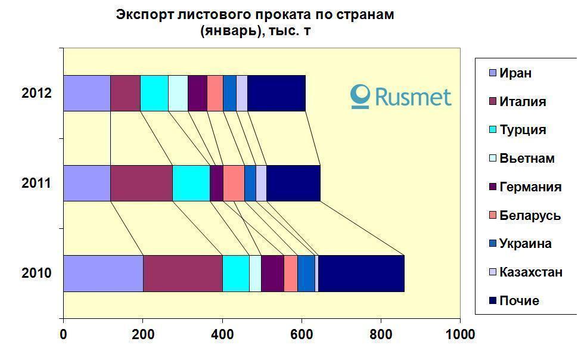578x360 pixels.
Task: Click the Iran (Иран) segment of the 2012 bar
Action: click(x=86, y=93)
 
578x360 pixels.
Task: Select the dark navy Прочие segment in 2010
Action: click(x=361, y=273)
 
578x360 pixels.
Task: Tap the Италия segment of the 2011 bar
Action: click(x=141, y=183)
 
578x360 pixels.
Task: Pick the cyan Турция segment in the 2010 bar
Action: click(x=235, y=273)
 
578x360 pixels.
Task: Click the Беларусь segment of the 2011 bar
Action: click(x=234, y=183)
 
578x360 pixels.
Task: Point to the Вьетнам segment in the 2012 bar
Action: click(x=178, y=93)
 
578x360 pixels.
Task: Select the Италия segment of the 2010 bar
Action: click(x=182, y=273)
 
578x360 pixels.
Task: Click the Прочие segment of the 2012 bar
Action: click(x=276, y=93)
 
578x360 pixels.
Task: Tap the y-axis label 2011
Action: click(x=36, y=183)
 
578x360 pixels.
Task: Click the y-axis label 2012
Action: click(x=36, y=93)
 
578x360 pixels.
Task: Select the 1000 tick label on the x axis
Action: click(x=460, y=334)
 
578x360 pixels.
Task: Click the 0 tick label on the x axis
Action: click(x=63, y=334)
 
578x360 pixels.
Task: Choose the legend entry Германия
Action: click(x=530, y=187)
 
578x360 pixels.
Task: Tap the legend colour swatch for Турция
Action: click(x=492, y=130)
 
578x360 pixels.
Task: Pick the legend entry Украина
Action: click(x=525, y=244)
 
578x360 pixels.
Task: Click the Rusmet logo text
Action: click(x=411, y=96)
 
